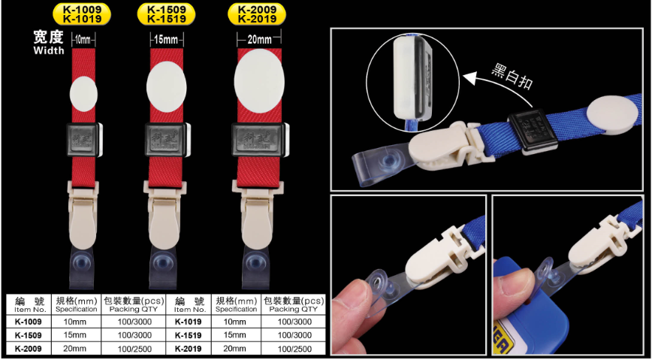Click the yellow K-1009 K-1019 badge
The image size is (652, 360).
pos(82,14)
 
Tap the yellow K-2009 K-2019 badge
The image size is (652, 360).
pos(257,14)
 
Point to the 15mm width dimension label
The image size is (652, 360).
pos(166,41)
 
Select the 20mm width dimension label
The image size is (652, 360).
pos(259,40)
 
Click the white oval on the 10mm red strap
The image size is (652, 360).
pos(83,94)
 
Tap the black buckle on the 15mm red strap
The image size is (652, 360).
pos(167,140)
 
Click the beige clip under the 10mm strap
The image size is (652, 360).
pos(83,214)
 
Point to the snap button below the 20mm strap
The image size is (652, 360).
pos(254,263)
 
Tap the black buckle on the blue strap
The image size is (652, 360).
pos(533,131)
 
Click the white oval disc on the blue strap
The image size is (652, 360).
pos(612,115)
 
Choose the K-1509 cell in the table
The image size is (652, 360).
pos(29,335)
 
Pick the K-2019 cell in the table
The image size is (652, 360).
pos(189,349)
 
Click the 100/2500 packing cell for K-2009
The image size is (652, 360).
pos(134,349)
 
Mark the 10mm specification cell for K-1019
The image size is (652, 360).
pos(236,322)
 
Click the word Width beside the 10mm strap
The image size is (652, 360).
pos(49,51)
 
